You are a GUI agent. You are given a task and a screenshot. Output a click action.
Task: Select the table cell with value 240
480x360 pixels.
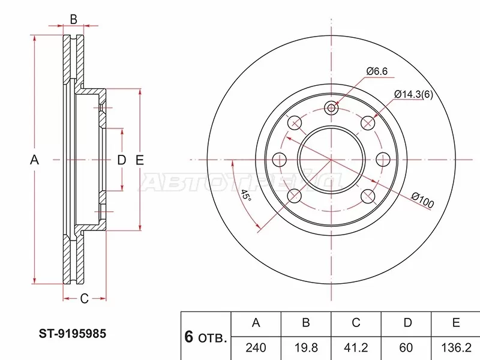point(256,346)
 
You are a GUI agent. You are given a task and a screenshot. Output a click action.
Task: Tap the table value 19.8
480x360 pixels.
point(305,346)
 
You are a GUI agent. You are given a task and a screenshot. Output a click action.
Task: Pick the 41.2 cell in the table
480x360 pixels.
point(356,346)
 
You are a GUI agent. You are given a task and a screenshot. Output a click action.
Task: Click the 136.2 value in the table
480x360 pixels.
point(455,346)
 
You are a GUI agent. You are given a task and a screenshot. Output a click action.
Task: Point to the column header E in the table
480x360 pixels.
point(455,323)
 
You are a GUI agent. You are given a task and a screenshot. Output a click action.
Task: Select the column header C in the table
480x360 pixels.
point(356,323)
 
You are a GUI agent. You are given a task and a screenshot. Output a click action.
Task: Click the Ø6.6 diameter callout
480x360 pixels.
point(377,71)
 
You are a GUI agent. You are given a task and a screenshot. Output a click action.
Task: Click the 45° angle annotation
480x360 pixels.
point(244,195)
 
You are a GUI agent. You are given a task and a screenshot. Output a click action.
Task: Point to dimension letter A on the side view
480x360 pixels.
point(34,160)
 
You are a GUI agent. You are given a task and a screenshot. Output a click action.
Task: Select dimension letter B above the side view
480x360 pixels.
point(73,19)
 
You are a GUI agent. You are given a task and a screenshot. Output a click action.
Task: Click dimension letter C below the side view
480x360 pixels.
point(85,298)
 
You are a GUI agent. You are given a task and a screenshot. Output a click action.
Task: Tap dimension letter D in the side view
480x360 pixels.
point(121,160)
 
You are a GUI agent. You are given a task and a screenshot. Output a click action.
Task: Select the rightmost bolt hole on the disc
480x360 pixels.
point(382,160)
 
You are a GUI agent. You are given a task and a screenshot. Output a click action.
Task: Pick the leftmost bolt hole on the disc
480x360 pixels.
point(279,160)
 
